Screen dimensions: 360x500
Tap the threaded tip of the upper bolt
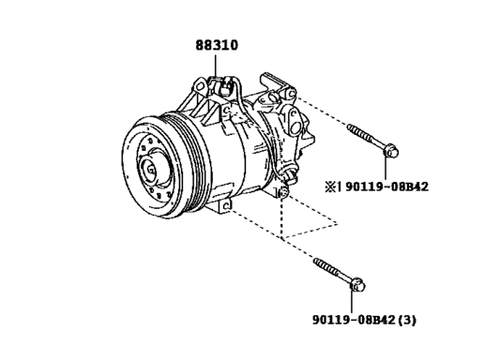[351, 127]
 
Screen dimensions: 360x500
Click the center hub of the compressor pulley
[151, 171]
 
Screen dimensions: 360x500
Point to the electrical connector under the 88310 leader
[223, 86]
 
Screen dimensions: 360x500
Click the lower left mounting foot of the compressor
[226, 203]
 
